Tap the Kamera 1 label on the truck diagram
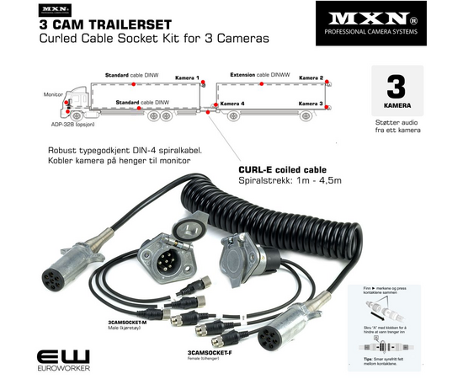pos(187,77)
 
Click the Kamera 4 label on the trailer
pos(232,104)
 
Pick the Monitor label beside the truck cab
pos(54,95)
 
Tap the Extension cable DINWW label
pos(258,75)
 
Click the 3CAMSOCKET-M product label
pos(127,323)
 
